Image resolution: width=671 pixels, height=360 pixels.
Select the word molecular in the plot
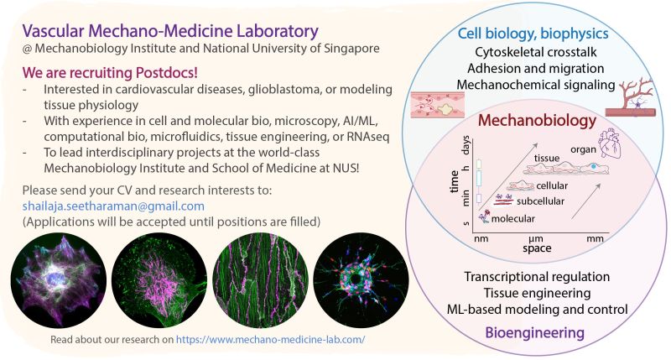tap(512, 218)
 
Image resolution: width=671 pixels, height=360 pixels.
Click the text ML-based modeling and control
tap(538, 309)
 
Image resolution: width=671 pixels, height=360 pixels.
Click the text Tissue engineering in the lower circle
tap(538, 292)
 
